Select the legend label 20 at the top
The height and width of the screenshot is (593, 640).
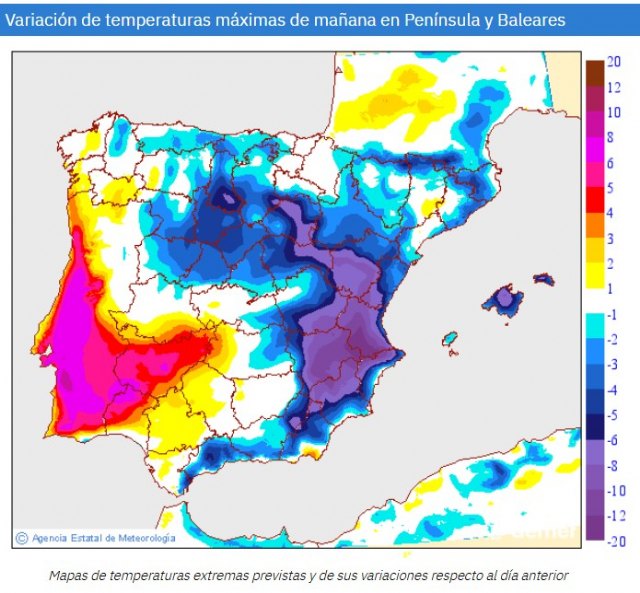coord(614,62)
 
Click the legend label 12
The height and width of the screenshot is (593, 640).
coord(614,87)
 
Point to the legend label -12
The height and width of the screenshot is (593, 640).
coord(615,516)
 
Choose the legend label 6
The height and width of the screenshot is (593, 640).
coord(611,163)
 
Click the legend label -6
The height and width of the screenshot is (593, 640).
coord(613,439)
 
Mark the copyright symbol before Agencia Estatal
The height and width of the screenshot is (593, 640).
coord(21,538)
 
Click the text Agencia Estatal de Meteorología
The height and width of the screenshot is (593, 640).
coord(103,538)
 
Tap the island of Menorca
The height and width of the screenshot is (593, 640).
coord(543,277)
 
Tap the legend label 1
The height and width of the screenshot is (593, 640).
coord(611,288)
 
